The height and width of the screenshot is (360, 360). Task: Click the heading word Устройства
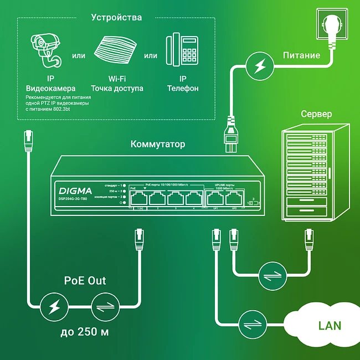pyautogui.click(x=116, y=18)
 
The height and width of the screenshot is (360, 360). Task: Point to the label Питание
pyautogui.click(x=301, y=55)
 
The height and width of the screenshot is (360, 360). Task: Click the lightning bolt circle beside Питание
pyautogui.click(x=259, y=66)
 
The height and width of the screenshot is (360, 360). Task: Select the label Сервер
pyautogui.click(x=316, y=114)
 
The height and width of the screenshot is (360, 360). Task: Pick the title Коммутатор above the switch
pyautogui.click(x=158, y=145)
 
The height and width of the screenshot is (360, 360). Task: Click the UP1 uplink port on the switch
pyautogui.click(x=214, y=198)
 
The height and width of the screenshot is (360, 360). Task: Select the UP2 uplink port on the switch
pyautogui.click(x=234, y=198)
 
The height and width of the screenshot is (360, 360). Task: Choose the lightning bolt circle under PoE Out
pyautogui.click(x=55, y=305)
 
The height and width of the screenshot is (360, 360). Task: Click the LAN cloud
pyautogui.click(x=321, y=325)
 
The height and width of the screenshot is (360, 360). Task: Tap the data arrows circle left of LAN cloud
pyautogui.click(x=253, y=323)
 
